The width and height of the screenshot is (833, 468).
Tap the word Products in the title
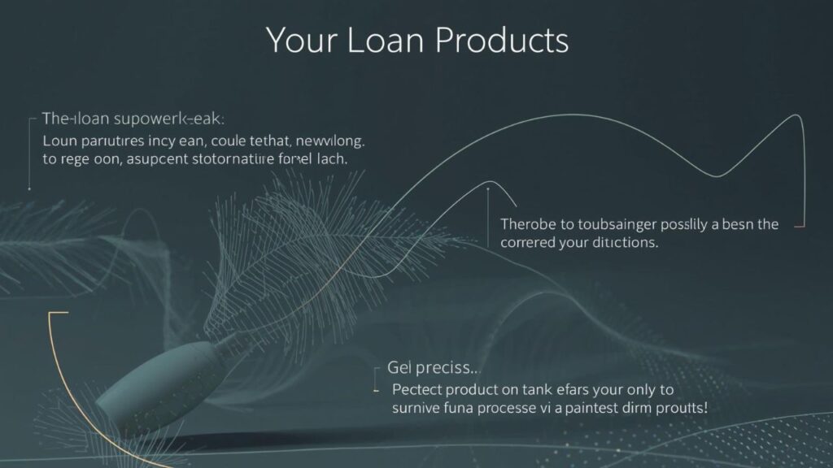pos(504,41)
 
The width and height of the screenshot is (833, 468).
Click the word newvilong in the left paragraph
pos(325,141)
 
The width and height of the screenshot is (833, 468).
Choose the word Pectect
pos(421,388)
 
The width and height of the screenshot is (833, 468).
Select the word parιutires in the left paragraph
pos(107,141)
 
